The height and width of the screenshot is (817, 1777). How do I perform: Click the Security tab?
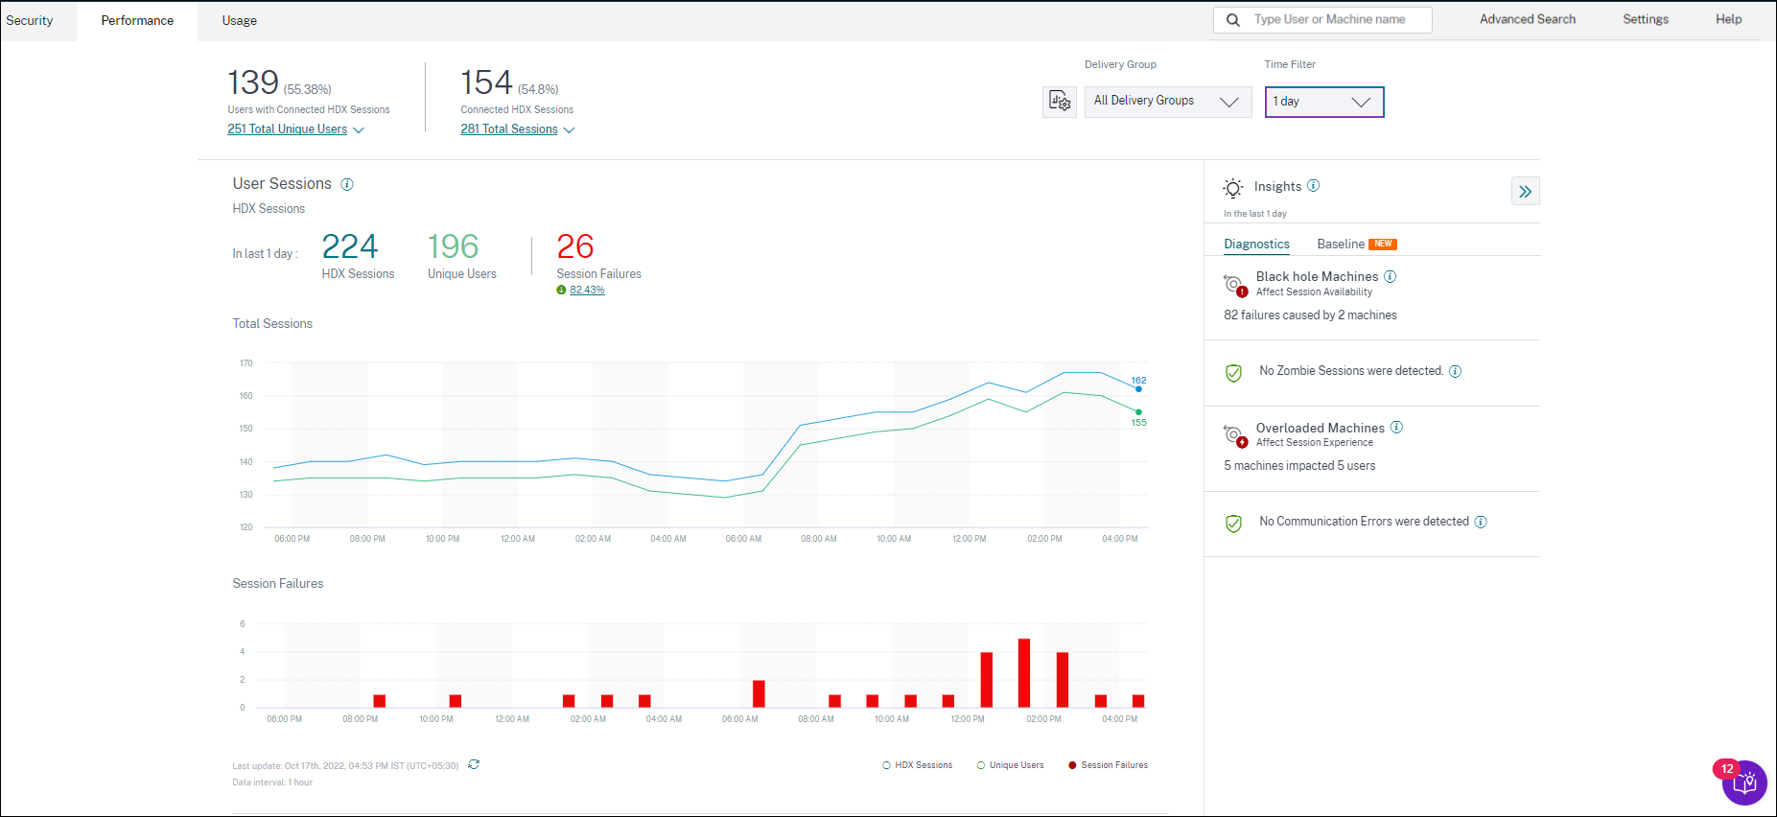(x=30, y=20)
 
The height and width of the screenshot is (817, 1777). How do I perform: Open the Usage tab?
(x=239, y=20)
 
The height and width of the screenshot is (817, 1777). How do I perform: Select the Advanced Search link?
(x=1527, y=19)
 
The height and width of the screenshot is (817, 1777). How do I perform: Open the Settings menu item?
(x=1645, y=19)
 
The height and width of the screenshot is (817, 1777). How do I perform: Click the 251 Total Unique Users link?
(x=287, y=129)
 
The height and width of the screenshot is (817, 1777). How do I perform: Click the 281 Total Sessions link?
(x=508, y=129)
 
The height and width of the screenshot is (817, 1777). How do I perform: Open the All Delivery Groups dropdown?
(x=1167, y=102)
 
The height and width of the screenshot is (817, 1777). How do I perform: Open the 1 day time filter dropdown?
(x=1323, y=102)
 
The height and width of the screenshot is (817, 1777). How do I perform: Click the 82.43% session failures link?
(x=587, y=290)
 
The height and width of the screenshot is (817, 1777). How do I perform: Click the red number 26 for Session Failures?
(x=574, y=247)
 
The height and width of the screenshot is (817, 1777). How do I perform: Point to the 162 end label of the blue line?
(x=1138, y=381)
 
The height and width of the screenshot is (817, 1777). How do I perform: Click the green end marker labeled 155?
(x=1138, y=412)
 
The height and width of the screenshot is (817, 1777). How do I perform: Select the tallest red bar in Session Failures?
(x=1024, y=672)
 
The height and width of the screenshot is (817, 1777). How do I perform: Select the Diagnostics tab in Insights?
(x=1256, y=245)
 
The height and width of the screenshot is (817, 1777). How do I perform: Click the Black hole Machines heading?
(x=1316, y=276)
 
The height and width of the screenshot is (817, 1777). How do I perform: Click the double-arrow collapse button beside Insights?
(x=1525, y=192)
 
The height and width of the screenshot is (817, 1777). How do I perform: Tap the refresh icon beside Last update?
(x=474, y=764)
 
